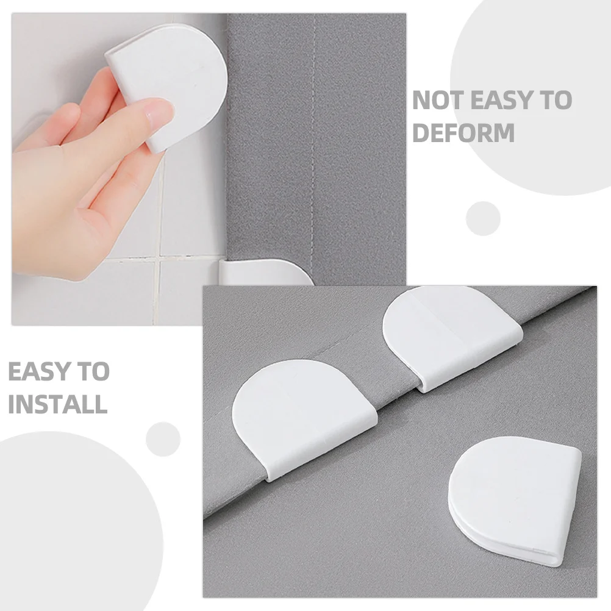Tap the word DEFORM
pos(463,132)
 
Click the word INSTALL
pos(57,404)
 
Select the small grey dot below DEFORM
pos(483,218)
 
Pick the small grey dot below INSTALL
pos(163,438)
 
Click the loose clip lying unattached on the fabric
pos(515,500)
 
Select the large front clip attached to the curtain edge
pos(302,415)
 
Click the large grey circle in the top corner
pos(537,91)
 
